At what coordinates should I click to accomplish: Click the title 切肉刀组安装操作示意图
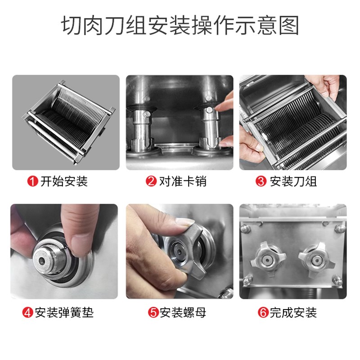click(180, 26)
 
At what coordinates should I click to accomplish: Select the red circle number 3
click(260, 182)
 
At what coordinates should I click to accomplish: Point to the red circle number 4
click(28, 312)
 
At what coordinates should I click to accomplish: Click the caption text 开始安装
click(63, 182)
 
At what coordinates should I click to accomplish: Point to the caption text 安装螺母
click(182, 312)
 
